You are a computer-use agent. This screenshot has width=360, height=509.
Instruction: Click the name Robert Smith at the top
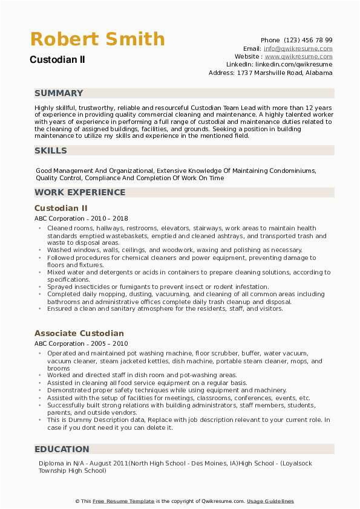point(97,39)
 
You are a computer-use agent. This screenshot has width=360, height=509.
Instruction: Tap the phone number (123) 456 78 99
point(308,41)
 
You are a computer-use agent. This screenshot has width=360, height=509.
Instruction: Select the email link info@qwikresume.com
point(298,48)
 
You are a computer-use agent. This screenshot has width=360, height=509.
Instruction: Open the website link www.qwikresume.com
point(300,56)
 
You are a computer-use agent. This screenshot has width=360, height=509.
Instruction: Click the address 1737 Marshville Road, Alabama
point(284,73)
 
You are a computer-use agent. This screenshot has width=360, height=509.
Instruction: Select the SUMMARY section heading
point(59,93)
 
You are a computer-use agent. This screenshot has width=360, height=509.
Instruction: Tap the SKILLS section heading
point(51,151)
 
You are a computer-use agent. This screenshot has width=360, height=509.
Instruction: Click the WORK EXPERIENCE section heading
point(80,192)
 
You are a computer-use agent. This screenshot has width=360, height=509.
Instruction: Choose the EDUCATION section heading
point(62,449)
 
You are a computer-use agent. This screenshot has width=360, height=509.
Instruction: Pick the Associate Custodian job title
point(79,333)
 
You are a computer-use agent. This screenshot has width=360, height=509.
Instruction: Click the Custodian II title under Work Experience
point(61,208)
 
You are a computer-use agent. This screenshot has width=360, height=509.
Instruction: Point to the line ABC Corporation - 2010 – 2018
point(81,218)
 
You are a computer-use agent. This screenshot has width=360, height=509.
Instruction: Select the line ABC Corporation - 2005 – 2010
point(81,343)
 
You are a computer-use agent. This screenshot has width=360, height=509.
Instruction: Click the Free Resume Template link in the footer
point(123,501)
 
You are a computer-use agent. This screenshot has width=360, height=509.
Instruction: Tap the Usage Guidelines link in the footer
point(270,501)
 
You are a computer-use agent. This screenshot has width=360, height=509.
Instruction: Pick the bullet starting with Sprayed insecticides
point(157,287)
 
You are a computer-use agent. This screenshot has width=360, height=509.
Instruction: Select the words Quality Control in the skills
point(59,178)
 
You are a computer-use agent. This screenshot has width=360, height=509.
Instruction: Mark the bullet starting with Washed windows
point(174,250)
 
